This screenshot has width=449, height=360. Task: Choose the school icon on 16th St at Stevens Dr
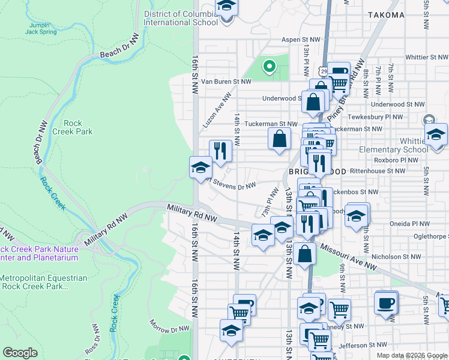[x=200, y=167]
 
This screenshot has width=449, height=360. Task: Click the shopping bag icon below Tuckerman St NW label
[x=280, y=139]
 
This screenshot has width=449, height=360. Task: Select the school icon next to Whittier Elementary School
[x=436, y=134]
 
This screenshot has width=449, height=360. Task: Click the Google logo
[x=20, y=353]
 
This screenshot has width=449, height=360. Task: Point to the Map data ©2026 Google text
[x=411, y=355]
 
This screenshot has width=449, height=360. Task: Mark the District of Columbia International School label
[x=180, y=18]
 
